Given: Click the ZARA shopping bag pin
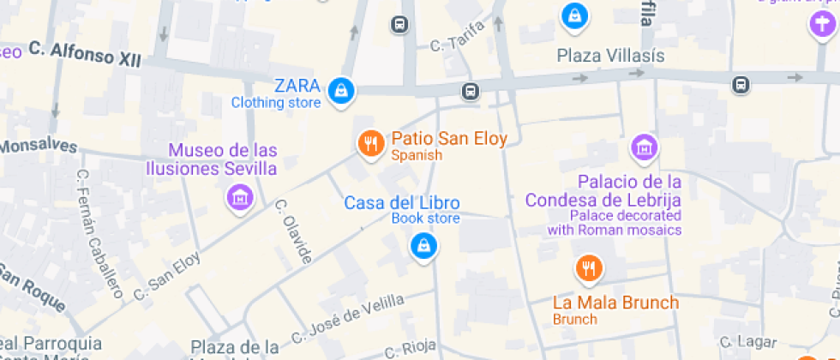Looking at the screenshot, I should [341, 89].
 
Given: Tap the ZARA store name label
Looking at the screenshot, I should [297, 86].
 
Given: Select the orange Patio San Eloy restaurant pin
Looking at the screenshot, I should [370, 144].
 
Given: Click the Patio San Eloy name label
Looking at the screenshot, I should [448, 139].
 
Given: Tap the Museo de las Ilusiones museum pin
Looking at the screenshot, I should [241, 198].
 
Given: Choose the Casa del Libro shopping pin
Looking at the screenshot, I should [423, 247].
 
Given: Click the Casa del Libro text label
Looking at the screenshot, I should [401, 203].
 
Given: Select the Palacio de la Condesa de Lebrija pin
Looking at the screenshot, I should [644, 147].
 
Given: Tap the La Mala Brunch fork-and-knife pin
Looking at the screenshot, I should [588, 269].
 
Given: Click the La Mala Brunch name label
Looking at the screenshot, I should [615, 303].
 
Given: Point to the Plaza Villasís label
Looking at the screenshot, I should [610, 56].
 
